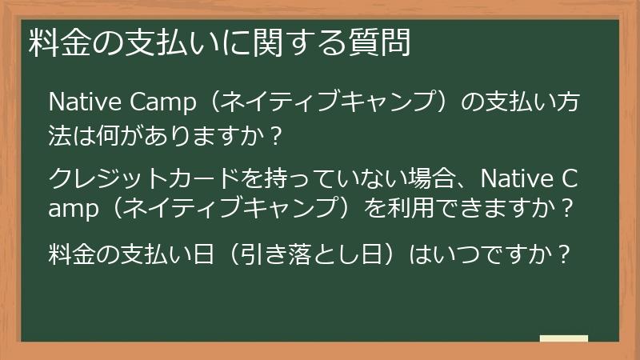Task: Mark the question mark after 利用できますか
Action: click(566, 210)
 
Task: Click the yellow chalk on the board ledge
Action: click(564, 338)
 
